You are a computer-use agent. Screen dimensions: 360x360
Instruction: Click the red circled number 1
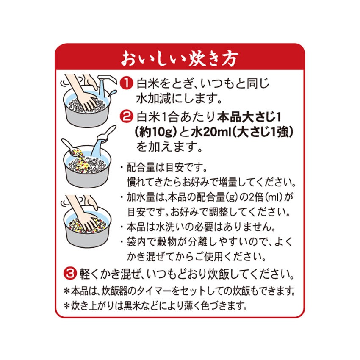coord(125,83)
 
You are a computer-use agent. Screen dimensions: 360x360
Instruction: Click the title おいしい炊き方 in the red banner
coord(180,58)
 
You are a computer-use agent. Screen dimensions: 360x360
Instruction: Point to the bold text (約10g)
coord(154,132)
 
